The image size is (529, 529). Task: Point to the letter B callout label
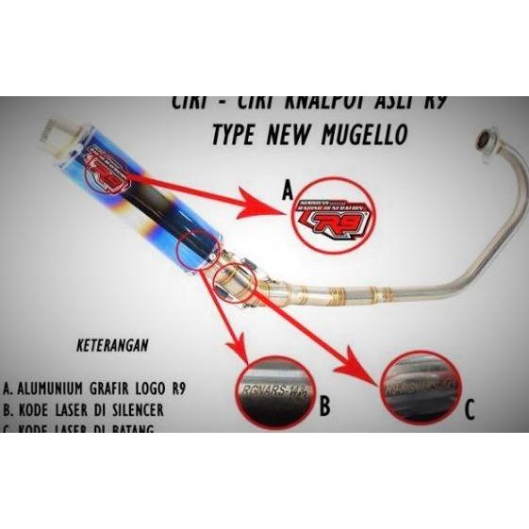click(324, 406)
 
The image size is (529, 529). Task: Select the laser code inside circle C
click(417, 384)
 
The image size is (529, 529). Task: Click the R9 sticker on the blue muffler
click(103, 174)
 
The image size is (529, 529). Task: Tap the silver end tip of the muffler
click(49, 142)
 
